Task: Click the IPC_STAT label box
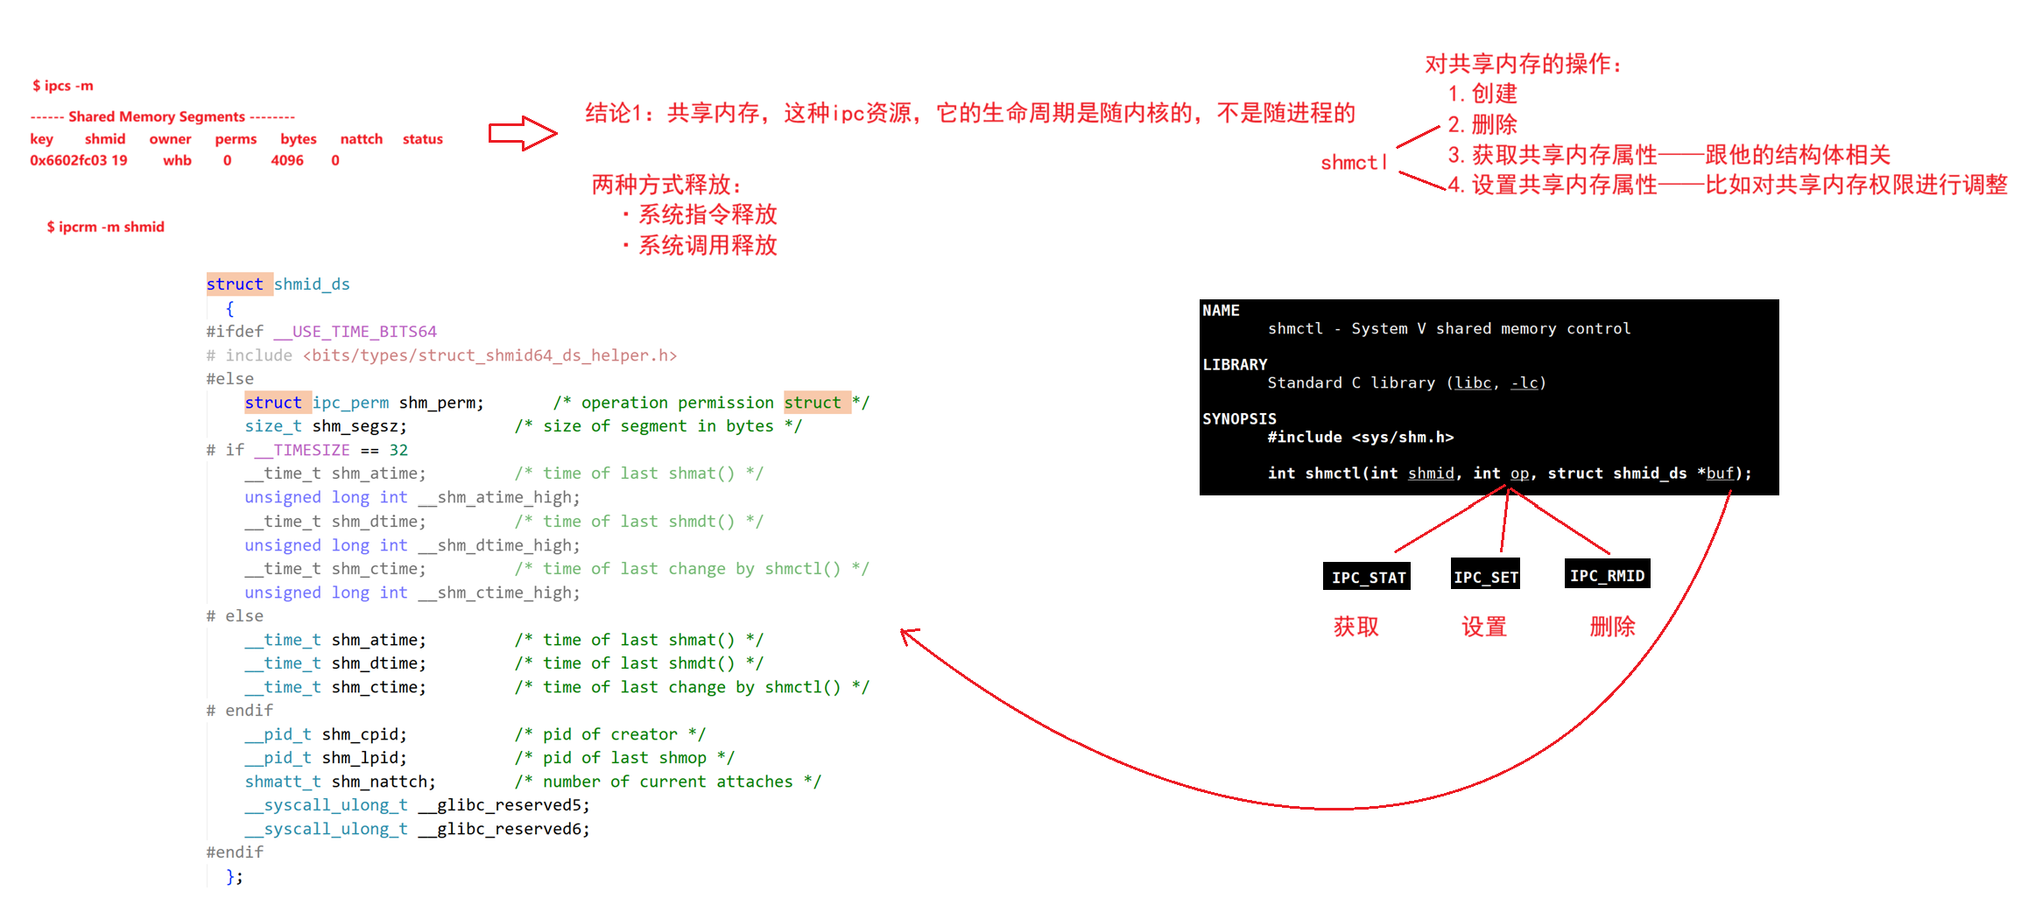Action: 1367,577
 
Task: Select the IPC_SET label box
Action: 1485,576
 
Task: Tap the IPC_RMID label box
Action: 1607,575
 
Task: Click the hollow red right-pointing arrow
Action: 523,133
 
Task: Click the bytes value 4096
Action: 287,160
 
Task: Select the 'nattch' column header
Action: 361,139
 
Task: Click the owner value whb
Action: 177,160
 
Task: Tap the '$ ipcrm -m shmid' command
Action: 105,227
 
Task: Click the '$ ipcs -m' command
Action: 63,86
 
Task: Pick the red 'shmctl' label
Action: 1354,163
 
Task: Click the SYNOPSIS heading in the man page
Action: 1239,418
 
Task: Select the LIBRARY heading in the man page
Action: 1235,364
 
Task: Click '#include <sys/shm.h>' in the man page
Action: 1360,437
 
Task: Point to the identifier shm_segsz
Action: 359,426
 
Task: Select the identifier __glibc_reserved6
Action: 512,829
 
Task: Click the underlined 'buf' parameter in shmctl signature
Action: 1719,474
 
